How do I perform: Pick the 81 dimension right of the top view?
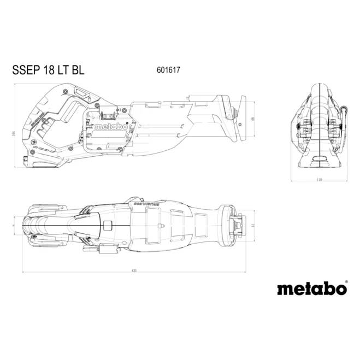pyautogui.click(x=253, y=225)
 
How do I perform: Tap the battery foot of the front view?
pyautogui.click(x=319, y=160)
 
